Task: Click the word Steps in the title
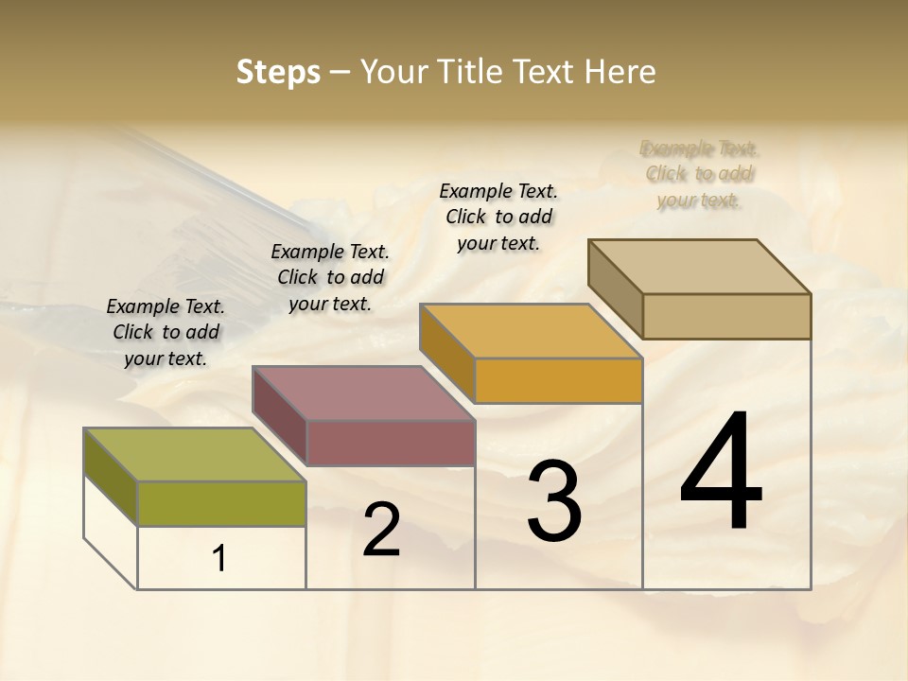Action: pos(278,72)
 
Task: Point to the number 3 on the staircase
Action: pos(553,501)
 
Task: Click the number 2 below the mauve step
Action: pos(381,530)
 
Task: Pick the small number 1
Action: pos(219,559)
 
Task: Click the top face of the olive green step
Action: pos(194,454)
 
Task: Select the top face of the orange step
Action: pos(531,331)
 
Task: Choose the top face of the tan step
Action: pos(699,266)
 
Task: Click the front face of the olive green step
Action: pos(221,502)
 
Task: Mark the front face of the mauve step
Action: pos(390,442)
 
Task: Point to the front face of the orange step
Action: pos(558,380)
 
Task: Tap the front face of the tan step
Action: pos(726,316)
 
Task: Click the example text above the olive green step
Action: pos(166,332)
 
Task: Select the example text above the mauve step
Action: pos(330,277)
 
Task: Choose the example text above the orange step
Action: pos(498,217)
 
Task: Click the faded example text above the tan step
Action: pos(699,174)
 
